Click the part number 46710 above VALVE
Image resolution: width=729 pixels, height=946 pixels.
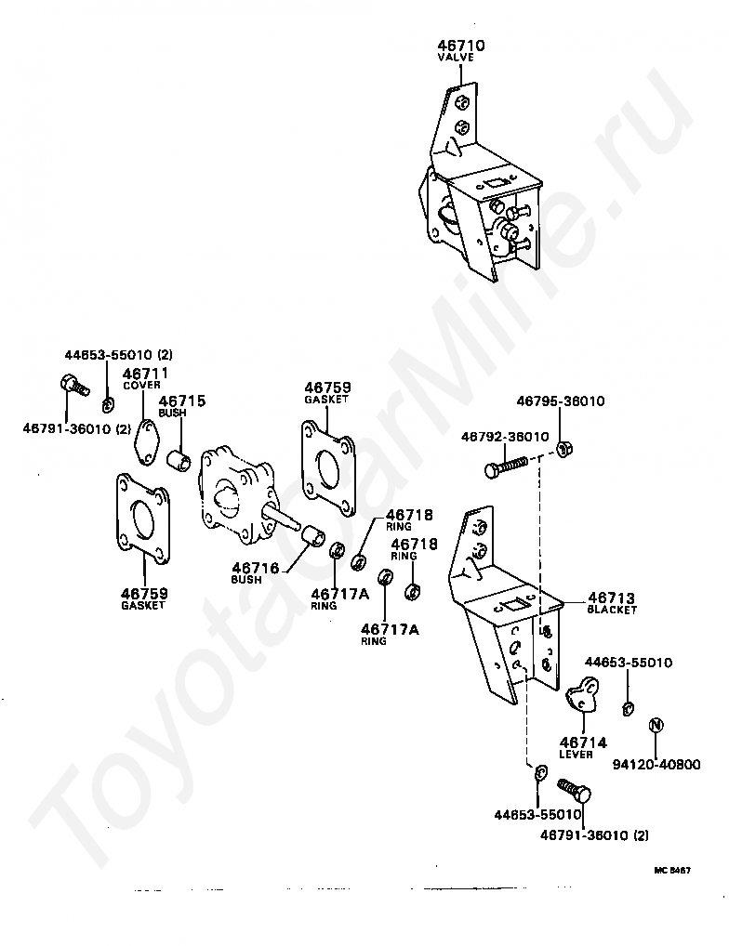[x=461, y=46]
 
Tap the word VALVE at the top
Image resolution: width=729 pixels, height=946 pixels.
[x=456, y=58]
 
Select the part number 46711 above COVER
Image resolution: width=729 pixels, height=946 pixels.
[x=145, y=373]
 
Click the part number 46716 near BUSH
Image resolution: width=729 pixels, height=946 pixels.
[x=256, y=568]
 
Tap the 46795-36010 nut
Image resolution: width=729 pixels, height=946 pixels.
[x=563, y=448]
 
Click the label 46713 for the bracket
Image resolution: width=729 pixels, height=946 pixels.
[x=611, y=598]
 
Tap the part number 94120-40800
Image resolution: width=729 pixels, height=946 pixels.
[x=656, y=765]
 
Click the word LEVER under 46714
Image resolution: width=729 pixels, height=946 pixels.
[x=576, y=755]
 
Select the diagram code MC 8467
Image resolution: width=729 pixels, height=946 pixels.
[x=672, y=871]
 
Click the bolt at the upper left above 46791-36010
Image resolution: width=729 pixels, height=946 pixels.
[x=74, y=385]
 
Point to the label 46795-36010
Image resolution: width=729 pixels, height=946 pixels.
[x=561, y=401]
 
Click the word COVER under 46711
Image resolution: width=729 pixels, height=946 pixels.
[x=142, y=385]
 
